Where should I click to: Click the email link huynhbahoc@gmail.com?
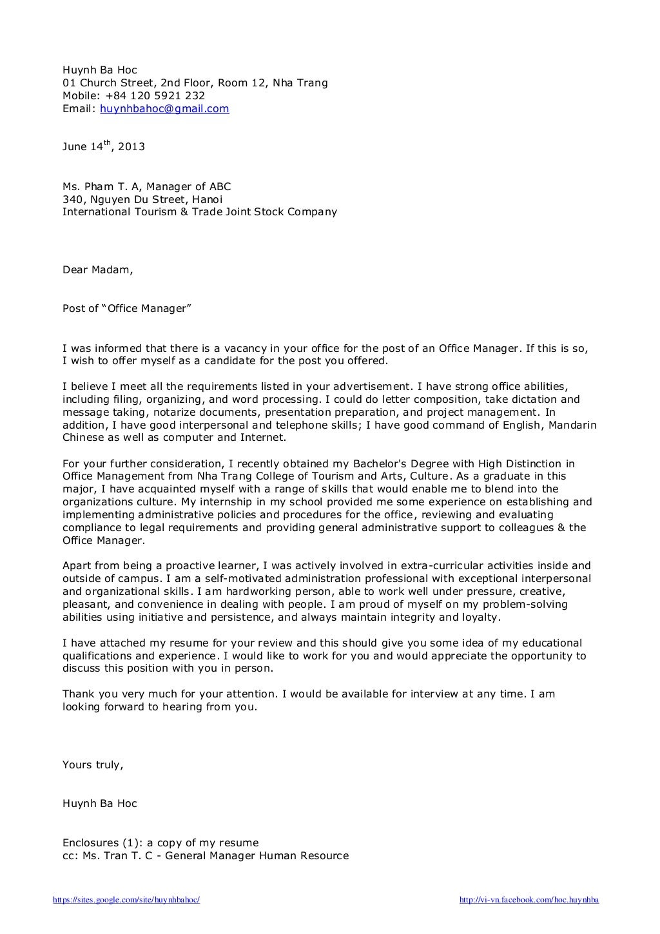[x=164, y=109]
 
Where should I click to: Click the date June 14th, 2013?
[x=103, y=147]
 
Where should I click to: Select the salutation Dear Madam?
[x=97, y=270]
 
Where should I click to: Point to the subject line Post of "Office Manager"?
[x=127, y=309]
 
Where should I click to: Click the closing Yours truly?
[x=92, y=765]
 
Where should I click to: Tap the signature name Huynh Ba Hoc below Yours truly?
[x=99, y=804]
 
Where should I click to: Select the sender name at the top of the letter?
[x=99, y=70]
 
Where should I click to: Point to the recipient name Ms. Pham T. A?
[x=99, y=187]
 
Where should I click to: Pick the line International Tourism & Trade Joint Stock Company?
[x=199, y=212]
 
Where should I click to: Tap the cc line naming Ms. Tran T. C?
[x=205, y=856]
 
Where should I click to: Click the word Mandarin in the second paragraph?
[x=573, y=425]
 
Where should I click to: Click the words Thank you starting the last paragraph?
[x=86, y=694]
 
